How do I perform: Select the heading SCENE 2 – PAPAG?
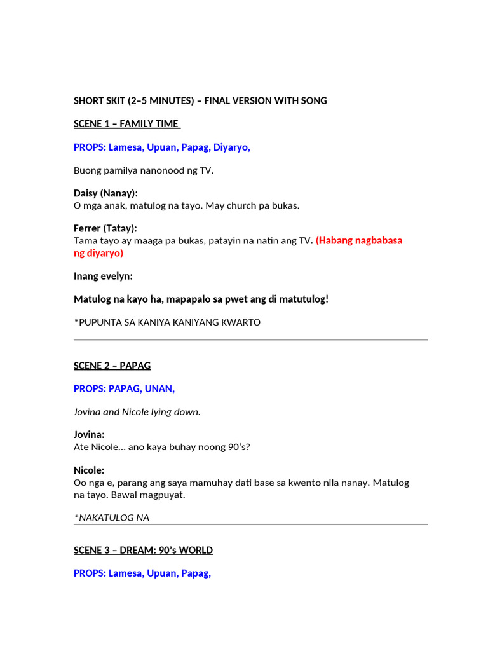click(x=112, y=366)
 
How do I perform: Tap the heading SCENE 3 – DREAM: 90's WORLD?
click(x=143, y=550)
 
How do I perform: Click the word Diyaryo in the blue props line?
click(x=231, y=147)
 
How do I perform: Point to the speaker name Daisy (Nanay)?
click(x=105, y=193)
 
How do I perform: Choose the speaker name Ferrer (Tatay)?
click(x=105, y=228)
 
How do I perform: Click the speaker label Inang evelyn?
click(x=103, y=276)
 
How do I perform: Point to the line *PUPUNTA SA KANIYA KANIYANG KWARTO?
click(x=167, y=322)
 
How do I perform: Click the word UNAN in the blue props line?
click(x=161, y=388)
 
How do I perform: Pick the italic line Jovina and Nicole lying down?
click(x=137, y=412)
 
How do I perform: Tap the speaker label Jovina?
click(x=89, y=435)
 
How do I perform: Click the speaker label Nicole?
click(x=89, y=470)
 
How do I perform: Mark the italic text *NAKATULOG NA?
click(x=112, y=517)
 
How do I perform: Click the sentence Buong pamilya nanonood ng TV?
click(x=144, y=170)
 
